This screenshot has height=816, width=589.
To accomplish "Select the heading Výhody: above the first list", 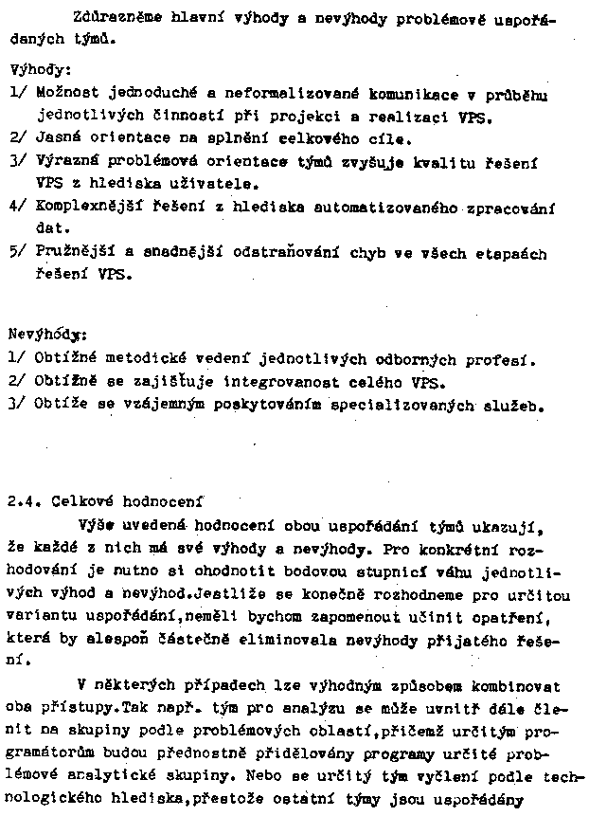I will (x=33, y=70).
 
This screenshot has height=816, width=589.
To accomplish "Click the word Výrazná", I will (x=66, y=162).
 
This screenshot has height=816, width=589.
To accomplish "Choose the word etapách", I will (x=513, y=254).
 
